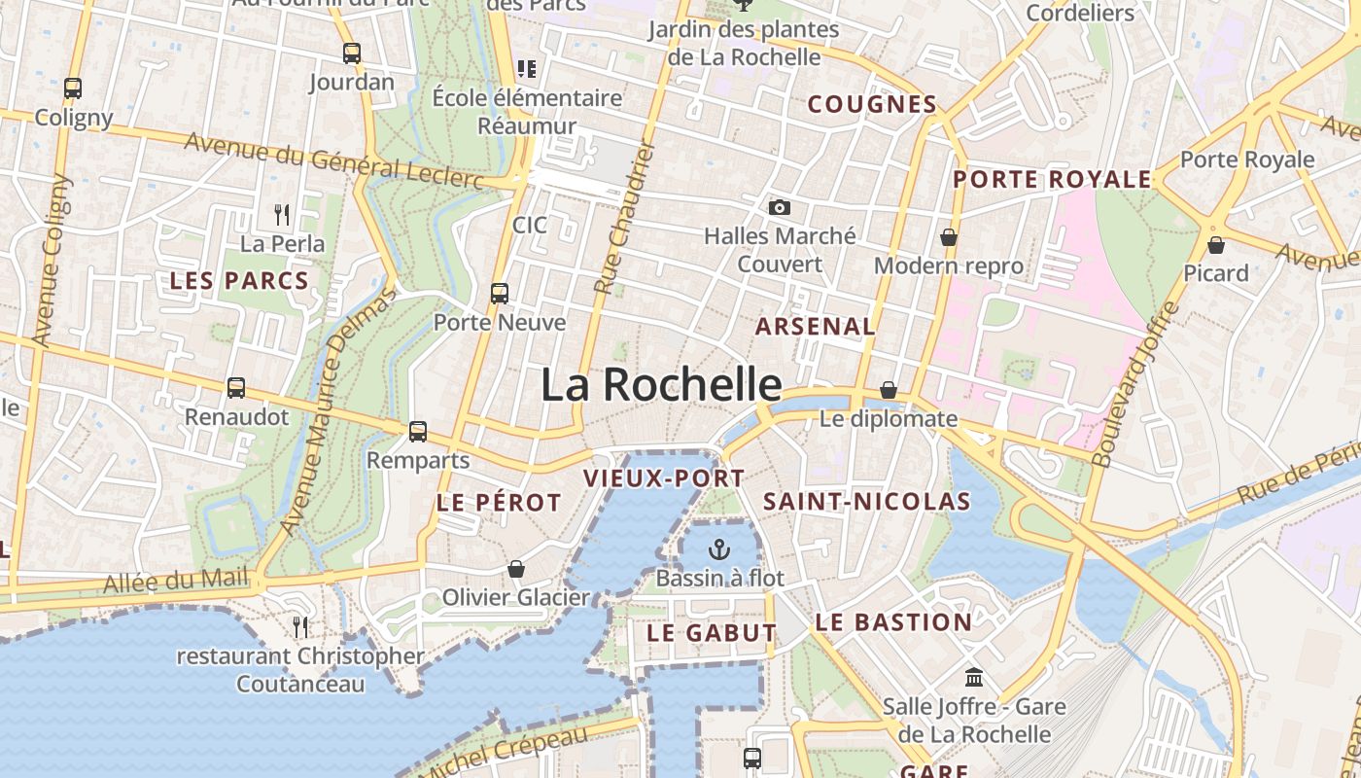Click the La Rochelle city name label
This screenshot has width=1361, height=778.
click(661, 385)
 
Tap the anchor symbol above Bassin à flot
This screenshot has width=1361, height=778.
click(718, 550)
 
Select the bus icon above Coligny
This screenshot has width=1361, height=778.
click(73, 88)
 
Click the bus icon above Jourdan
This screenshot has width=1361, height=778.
click(352, 53)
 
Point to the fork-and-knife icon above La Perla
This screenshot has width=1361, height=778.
click(282, 214)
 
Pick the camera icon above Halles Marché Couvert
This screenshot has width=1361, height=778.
click(779, 207)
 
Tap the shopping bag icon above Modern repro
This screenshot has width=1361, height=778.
click(948, 237)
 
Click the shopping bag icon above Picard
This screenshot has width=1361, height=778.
click(1215, 245)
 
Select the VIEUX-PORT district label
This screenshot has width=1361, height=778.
click(664, 478)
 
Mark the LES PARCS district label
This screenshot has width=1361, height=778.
click(239, 281)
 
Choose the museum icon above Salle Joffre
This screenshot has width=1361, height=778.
click(973, 677)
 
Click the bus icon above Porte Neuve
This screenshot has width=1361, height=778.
click(500, 293)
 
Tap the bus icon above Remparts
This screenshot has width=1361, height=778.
click(418, 431)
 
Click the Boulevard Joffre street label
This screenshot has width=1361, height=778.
click(1134, 385)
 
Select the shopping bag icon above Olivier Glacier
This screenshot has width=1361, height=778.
click(516, 569)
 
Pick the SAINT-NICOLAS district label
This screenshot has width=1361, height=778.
click(866, 502)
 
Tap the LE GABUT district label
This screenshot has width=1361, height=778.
click(712, 633)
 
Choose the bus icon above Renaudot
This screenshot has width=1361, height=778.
click(236, 388)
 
